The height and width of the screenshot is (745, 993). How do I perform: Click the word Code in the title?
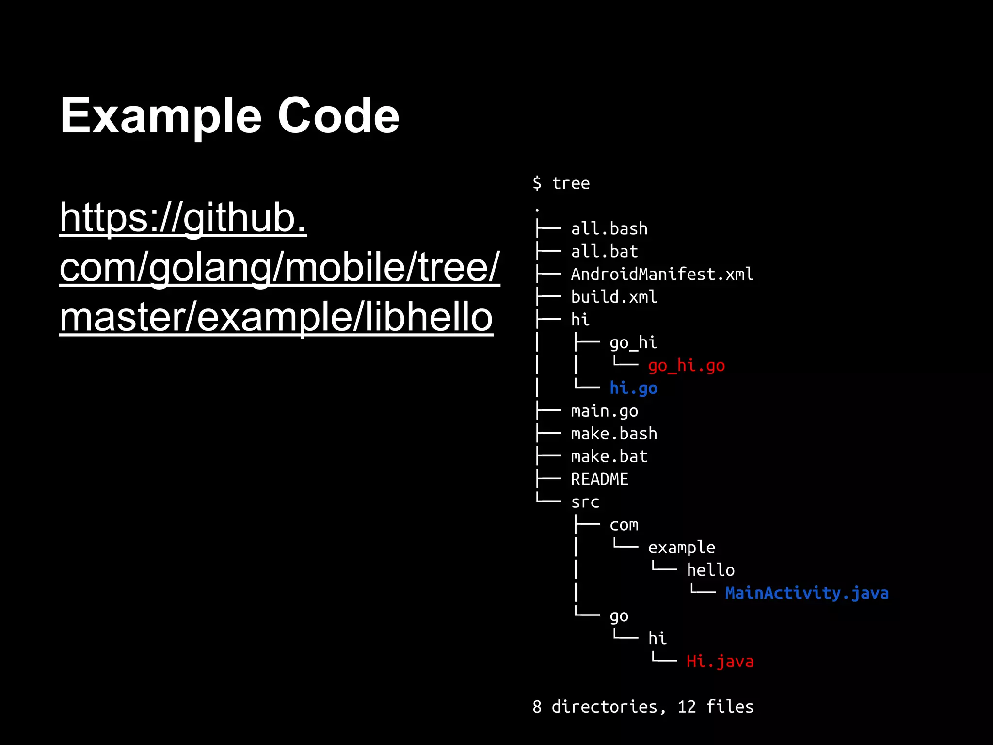(338, 116)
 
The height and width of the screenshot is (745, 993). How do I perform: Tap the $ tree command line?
(561, 183)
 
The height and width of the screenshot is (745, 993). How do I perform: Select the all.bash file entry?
(609, 228)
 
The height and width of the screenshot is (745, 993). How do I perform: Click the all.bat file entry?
(604, 251)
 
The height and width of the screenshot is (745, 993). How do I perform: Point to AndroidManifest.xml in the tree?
(662, 274)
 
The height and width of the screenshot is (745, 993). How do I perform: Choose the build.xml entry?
(614, 297)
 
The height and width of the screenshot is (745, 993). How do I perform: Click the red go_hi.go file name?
(686, 365)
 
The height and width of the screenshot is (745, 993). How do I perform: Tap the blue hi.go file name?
(633, 388)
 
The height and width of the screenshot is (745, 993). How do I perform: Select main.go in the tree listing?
(604, 411)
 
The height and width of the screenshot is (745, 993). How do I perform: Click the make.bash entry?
(614, 434)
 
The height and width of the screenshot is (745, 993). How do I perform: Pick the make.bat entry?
(609, 456)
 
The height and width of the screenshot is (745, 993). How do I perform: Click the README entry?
(599, 479)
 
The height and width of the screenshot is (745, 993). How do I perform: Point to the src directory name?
(585, 502)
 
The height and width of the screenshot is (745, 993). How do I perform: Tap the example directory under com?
(681, 548)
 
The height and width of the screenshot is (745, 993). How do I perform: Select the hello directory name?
(710, 570)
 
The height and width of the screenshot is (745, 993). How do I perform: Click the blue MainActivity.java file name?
(807, 593)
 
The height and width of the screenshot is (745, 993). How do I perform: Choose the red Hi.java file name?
(720, 661)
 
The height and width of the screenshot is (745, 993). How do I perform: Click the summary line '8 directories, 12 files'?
(643, 707)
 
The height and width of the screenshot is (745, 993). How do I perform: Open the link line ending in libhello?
(276, 317)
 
